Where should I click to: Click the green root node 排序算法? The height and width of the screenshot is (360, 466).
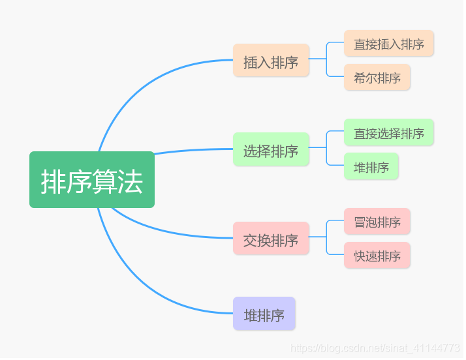91,180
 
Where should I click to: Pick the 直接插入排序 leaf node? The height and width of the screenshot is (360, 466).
389,43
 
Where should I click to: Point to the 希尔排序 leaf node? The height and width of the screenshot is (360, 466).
377,77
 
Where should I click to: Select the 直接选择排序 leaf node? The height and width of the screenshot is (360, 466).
389,132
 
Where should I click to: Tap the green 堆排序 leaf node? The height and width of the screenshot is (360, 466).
371,166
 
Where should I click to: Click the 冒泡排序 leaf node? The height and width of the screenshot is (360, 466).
377,221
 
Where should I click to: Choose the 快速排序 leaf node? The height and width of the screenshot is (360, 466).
377,255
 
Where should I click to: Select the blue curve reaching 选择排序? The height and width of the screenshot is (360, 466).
189,151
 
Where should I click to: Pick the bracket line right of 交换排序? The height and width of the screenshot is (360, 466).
326,238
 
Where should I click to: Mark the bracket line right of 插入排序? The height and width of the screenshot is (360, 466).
326,59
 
